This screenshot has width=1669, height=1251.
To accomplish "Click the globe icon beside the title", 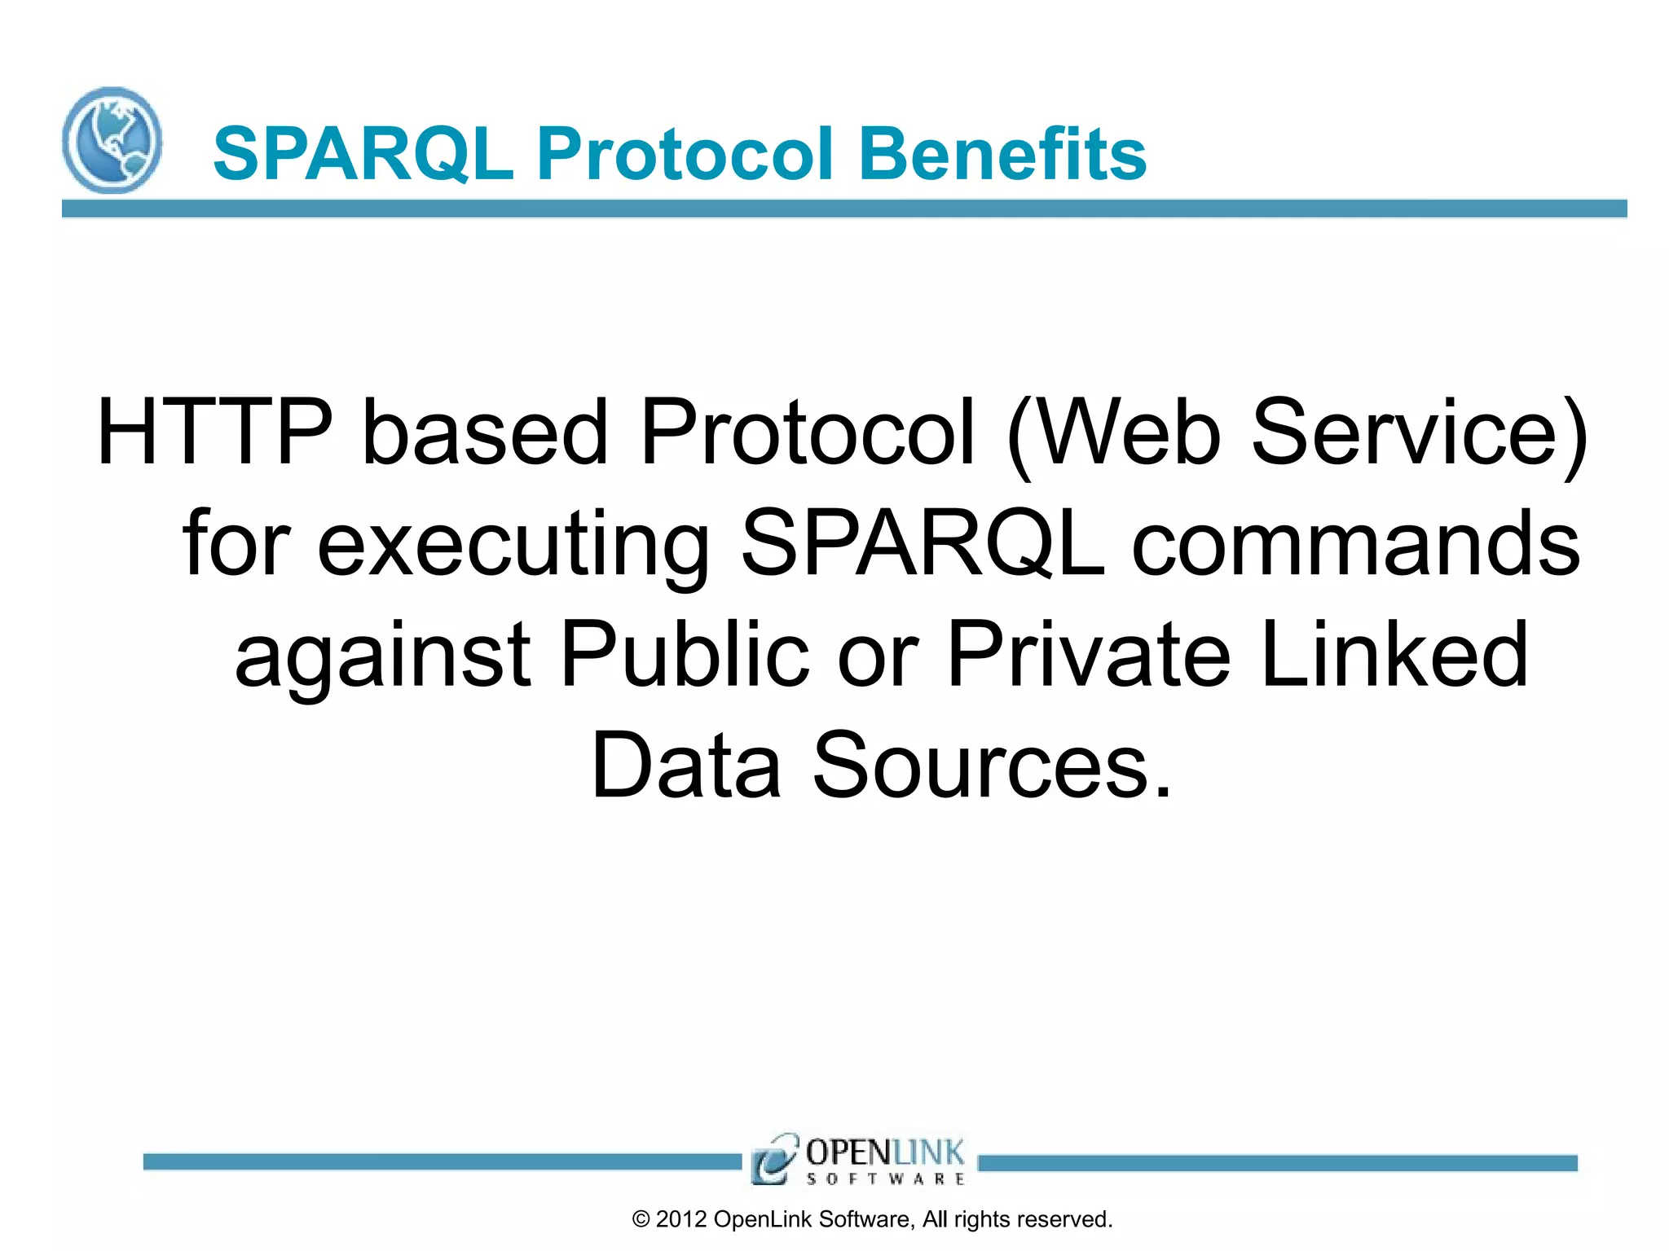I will pyautogui.click(x=112, y=140).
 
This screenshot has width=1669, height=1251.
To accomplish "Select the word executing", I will pyautogui.click(x=513, y=544).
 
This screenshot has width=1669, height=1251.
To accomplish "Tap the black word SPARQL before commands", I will pyautogui.click(x=923, y=544).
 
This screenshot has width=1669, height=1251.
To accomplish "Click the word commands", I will pyautogui.click(x=1356, y=544).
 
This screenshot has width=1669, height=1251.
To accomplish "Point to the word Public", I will pyautogui.click(x=685, y=654).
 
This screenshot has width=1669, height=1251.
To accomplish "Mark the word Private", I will pyautogui.click(x=1089, y=654).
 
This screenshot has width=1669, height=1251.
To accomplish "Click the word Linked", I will pyautogui.click(x=1394, y=654).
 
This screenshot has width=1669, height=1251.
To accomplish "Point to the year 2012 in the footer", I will pyautogui.click(x=681, y=1219).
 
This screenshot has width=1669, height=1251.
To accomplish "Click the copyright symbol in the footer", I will pyautogui.click(x=641, y=1219).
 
